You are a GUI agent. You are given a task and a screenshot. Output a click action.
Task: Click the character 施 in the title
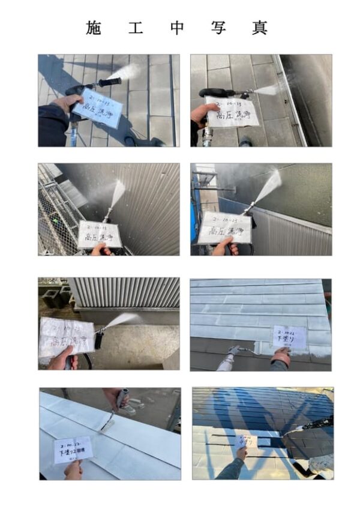(94, 28)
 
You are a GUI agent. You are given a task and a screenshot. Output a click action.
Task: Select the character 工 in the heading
(136, 28)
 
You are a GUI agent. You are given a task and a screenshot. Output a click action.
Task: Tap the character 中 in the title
(177, 28)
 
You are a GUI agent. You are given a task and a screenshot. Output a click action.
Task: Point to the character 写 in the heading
(218, 28)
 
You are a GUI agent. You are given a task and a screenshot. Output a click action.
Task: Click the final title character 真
(259, 28)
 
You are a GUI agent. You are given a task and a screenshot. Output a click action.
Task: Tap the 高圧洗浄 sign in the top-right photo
(231, 112)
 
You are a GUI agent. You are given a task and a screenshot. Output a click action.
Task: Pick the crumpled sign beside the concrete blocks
(67, 337)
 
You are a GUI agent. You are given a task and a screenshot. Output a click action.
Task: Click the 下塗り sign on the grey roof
(289, 337)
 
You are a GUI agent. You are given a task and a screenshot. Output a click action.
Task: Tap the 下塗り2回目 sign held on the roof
(73, 449)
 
